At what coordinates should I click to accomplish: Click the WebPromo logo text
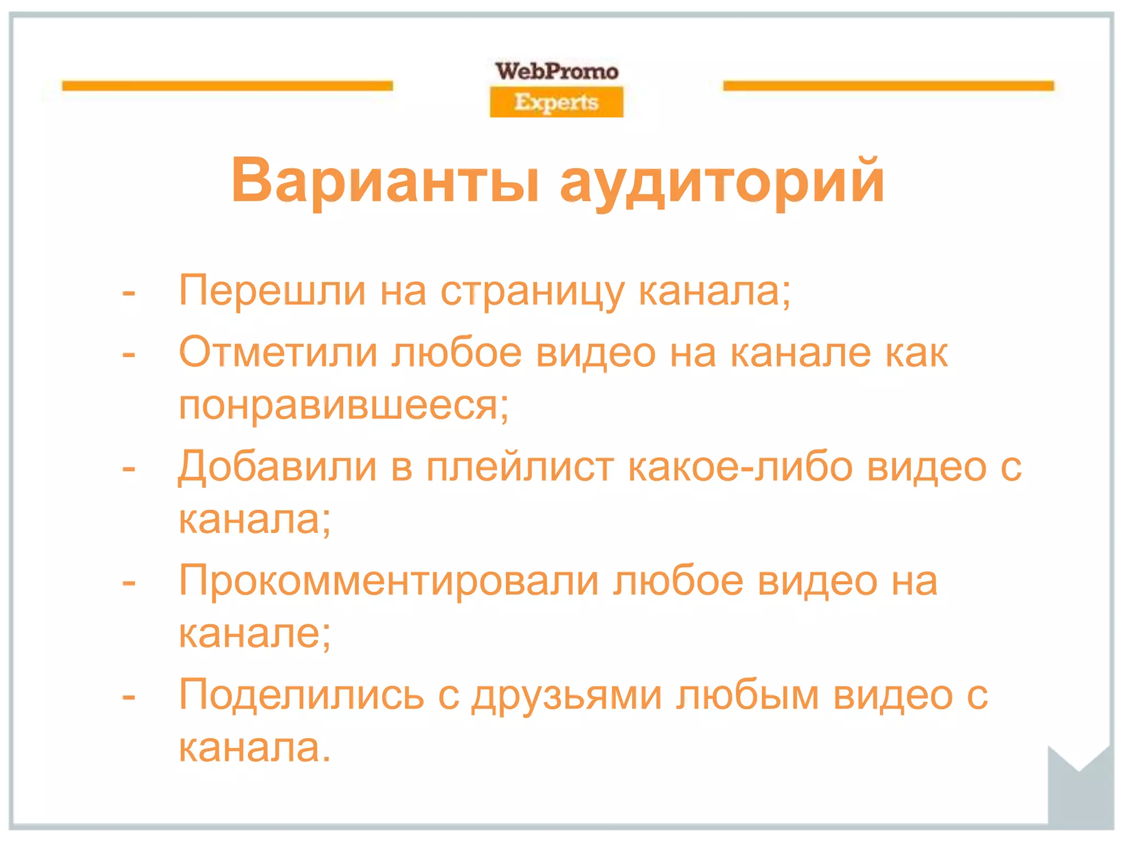(x=557, y=71)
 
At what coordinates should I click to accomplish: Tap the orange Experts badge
(x=557, y=103)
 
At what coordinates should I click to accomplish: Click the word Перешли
(x=272, y=291)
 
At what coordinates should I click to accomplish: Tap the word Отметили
(x=279, y=352)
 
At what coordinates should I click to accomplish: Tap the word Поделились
(x=302, y=695)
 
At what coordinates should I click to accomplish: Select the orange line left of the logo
(x=228, y=86)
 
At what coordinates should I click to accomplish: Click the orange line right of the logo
(x=888, y=86)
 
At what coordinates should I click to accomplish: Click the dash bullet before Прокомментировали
(x=129, y=582)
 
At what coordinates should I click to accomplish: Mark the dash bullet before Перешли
(x=129, y=293)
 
